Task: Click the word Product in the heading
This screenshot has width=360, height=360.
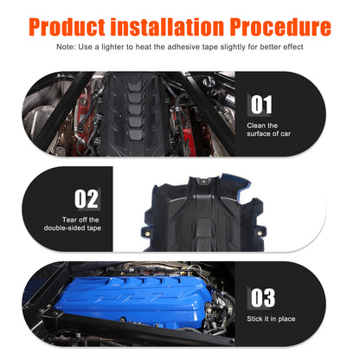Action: point(67,27)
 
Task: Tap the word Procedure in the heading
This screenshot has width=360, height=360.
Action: point(280,27)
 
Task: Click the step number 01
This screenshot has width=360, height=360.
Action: point(261,105)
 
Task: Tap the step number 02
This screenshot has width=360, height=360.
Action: point(87,199)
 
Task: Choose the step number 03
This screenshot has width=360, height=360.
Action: point(263,298)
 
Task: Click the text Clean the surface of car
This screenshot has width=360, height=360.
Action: point(268,130)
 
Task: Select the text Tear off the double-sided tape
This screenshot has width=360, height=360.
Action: point(73,224)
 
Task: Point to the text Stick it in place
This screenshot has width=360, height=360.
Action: point(271,318)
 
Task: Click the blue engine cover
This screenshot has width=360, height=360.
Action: point(135,297)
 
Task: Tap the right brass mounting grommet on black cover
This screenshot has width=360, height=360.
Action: point(260,233)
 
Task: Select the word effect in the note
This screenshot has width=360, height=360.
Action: point(293,47)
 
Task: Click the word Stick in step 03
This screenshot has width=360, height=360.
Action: point(254,318)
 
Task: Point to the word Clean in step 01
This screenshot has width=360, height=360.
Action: point(256,125)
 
